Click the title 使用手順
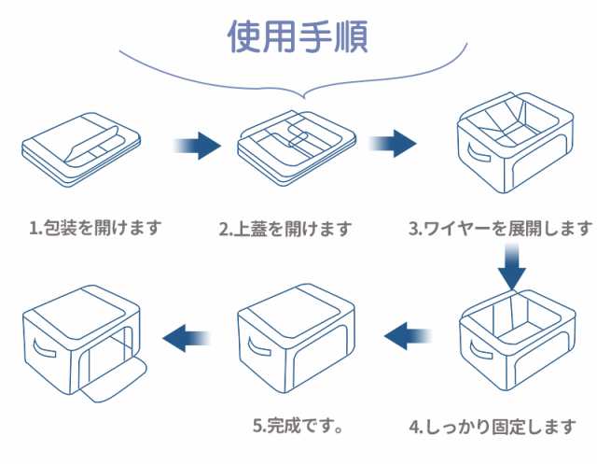pos(298,36)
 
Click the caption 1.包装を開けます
pos(95,227)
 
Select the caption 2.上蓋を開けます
pos(285,229)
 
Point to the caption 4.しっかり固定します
pos(493,428)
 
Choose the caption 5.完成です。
pos(297,428)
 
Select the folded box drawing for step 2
pos(295,145)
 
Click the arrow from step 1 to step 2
pos(198,146)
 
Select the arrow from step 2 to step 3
pos(393,146)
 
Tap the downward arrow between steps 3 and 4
pos(511,267)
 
